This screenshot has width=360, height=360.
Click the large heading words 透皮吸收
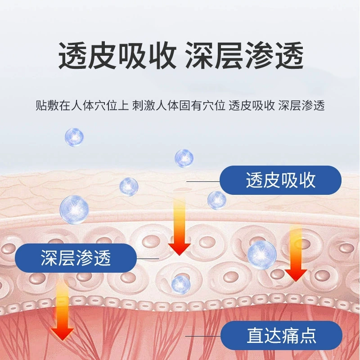coord(117,55)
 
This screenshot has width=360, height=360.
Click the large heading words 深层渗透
coord(244,55)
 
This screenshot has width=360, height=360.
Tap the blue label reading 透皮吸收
coord(280,180)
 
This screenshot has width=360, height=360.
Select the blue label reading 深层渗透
coord(76,258)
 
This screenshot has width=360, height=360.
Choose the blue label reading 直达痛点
coord(281,336)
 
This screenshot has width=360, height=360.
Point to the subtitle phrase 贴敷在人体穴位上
coord(82,106)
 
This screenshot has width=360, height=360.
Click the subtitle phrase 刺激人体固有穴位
coord(178,106)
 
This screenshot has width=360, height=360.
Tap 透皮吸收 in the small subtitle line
coord(252,106)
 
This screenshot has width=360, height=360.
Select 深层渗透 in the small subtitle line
coord(301,106)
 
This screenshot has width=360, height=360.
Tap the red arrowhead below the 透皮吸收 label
coord(296,275)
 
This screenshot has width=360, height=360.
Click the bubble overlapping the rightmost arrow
coord(262,255)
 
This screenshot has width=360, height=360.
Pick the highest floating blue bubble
coord(74,137)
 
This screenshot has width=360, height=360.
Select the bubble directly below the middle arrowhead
coord(181,285)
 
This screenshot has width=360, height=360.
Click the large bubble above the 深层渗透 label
coord(74,210)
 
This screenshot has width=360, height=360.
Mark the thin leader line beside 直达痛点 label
coord(203,336)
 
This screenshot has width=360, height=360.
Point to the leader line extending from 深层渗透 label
coord(148,258)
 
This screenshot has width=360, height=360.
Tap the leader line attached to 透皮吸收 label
coord(203,181)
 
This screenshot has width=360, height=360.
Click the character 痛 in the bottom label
coord(290,336)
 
